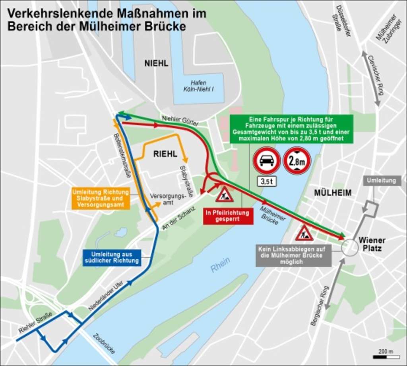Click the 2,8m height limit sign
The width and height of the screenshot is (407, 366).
297,160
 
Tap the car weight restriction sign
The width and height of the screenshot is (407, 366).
267,160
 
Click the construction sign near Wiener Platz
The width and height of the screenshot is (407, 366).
304,233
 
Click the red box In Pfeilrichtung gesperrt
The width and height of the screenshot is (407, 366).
228,216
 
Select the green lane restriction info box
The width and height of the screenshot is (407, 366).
291,129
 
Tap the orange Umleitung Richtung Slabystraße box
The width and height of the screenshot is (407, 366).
101,198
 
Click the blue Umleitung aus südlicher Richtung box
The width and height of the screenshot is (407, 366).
112,257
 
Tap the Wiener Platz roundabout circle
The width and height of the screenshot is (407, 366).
350,247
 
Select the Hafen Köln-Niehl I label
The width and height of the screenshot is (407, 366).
198,86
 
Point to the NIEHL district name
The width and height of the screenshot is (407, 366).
156,64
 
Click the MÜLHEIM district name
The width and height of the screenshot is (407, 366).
333,193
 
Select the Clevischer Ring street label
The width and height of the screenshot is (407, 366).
376,75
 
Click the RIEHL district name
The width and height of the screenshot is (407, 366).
165,154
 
